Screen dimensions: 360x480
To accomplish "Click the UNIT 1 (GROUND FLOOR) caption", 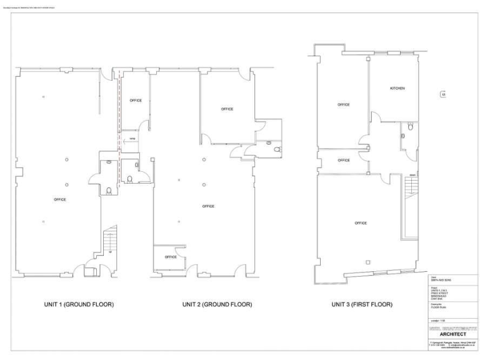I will tap(79, 304).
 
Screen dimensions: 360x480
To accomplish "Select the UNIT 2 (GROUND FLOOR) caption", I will tap(217, 304).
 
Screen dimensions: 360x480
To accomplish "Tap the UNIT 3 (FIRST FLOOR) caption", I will tap(362, 304).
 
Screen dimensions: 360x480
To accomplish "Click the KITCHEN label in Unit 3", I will tap(397, 88).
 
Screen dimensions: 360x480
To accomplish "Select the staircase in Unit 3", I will tap(411, 187).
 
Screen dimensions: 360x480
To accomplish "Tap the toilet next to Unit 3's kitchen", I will tap(410, 127).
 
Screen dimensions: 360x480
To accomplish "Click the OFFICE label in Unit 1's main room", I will tap(60, 199).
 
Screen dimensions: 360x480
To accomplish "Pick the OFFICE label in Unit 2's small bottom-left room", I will tap(171, 257).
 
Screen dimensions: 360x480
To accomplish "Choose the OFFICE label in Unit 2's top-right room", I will tap(227, 109).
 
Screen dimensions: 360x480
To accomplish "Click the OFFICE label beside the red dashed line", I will tap(136, 100).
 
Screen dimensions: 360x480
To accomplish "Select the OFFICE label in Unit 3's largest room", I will tap(361, 223).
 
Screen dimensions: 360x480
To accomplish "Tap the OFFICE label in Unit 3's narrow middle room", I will tap(344, 160).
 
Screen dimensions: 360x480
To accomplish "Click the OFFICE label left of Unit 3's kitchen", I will tap(344, 104).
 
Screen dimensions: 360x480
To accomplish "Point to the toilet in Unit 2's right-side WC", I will tap(277, 149).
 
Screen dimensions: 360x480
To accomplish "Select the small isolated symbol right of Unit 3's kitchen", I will tap(443, 95).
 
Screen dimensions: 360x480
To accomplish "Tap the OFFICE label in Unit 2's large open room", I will tap(208, 206).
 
